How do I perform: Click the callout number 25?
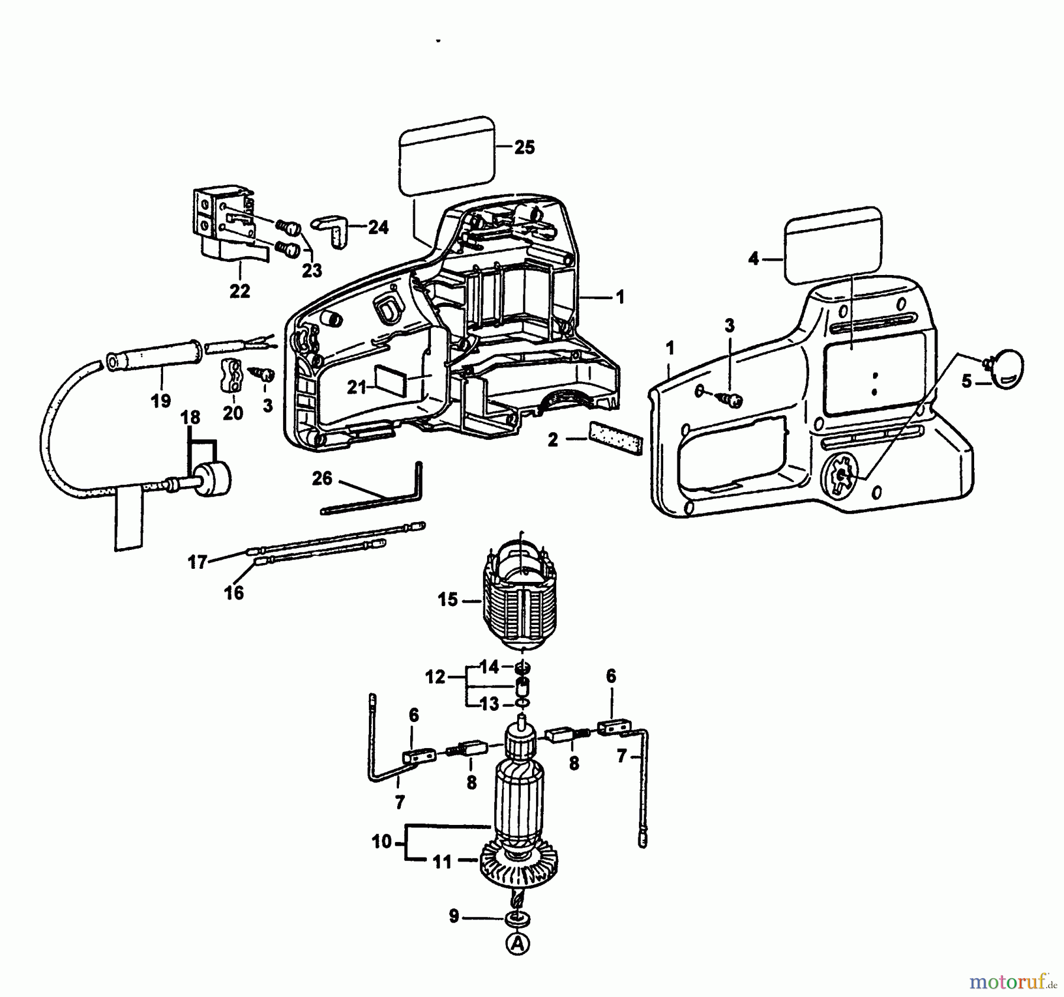[524, 147]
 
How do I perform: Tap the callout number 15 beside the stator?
[447, 600]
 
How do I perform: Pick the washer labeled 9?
[518, 919]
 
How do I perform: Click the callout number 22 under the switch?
[239, 291]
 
